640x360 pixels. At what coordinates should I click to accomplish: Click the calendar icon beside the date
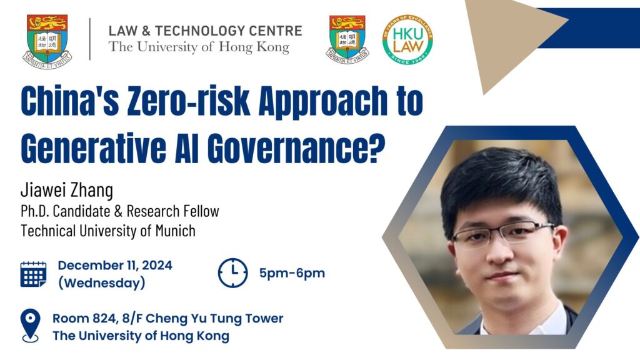[34, 274]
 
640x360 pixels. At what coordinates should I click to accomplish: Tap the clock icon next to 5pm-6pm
[232, 273]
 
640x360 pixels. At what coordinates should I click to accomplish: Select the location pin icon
[31, 325]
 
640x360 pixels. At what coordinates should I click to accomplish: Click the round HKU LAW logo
[407, 40]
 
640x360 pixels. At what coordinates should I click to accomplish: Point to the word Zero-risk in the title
[188, 101]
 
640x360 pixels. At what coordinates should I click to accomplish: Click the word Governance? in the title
[296, 147]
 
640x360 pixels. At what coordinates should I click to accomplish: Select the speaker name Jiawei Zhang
[67, 191]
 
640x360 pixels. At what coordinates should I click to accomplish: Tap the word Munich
[176, 231]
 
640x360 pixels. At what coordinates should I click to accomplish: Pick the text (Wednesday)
[102, 283]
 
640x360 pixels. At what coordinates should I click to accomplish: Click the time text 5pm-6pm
[292, 273]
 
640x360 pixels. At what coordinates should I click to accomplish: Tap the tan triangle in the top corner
[506, 37]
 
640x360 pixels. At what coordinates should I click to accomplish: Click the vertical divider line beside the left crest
[90, 39]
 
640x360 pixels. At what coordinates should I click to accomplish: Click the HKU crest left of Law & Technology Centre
[47, 41]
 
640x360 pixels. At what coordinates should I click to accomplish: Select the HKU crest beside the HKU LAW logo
[347, 39]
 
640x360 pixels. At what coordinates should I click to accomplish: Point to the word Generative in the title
[93, 147]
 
